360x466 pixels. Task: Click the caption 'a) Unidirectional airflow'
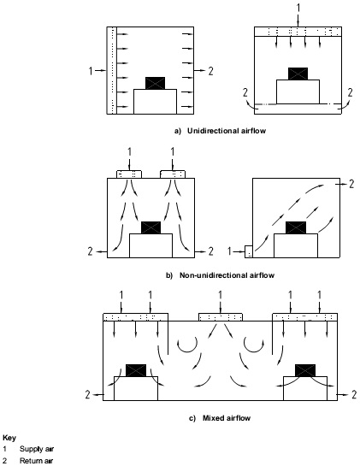pyautogui.click(x=220, y=131)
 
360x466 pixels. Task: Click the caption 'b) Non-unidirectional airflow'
pyautogui.click(x=220, y=275)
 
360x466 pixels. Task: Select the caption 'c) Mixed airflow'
pyautogui.click(x=220, y=418)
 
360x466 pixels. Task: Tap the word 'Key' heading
pyautogui.click(x=9, y=438)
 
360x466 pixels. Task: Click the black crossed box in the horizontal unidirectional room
pyautogui.click(x=155, y=83)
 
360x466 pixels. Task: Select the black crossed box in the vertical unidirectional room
pyautogui.click(x=298, y=74)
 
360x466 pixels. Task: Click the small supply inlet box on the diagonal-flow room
pyautogui.click(x=249, y=251)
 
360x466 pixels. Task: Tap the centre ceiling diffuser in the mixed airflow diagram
pyautogui.click(x=221, y=317)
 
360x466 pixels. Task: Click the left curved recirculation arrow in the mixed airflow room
pyautogui.click(x=187, y=346)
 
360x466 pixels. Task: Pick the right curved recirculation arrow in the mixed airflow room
pyautogui.click(x=254, y=346)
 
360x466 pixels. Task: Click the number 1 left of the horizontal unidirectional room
pyautogui.click(x=91, y=71)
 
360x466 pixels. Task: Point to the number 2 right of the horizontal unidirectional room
pyautogui.click(x=210, y=71)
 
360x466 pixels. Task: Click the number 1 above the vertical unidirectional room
pyautogui.click(x=298, y=8)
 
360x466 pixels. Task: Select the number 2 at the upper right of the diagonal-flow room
pyautogui.click(x=351, y=184)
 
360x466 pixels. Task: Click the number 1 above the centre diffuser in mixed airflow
pyautogui.click(x=220, y=295)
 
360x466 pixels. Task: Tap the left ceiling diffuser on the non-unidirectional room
pyautogui.click(x=129, y=174)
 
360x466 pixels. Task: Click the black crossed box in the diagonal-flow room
pyautogui.click(x=296, y=227)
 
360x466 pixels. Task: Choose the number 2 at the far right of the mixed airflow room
pyautogui.click(x=354, y=395)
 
